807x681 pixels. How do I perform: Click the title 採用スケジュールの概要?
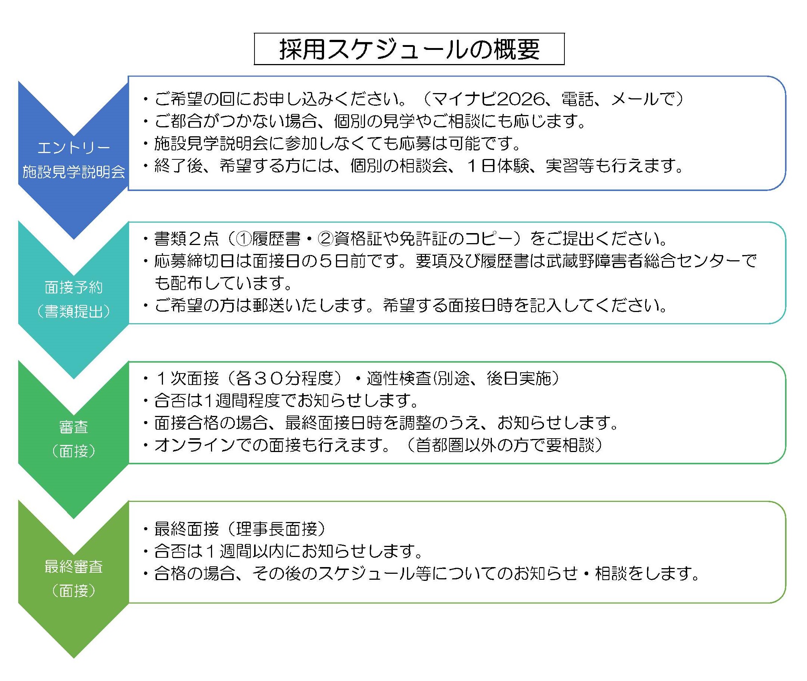[409, 50]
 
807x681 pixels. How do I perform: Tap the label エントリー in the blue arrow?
[74, 147]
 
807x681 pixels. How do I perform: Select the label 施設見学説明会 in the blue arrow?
[74, 171]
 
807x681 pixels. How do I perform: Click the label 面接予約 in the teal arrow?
[74, 287]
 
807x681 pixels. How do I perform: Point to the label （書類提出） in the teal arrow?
[74, 311]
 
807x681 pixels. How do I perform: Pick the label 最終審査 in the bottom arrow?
[74, 566]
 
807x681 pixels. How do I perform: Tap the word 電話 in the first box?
[577, 99]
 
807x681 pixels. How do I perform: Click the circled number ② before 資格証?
[325, 239]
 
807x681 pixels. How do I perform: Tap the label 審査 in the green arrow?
[74, 427]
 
